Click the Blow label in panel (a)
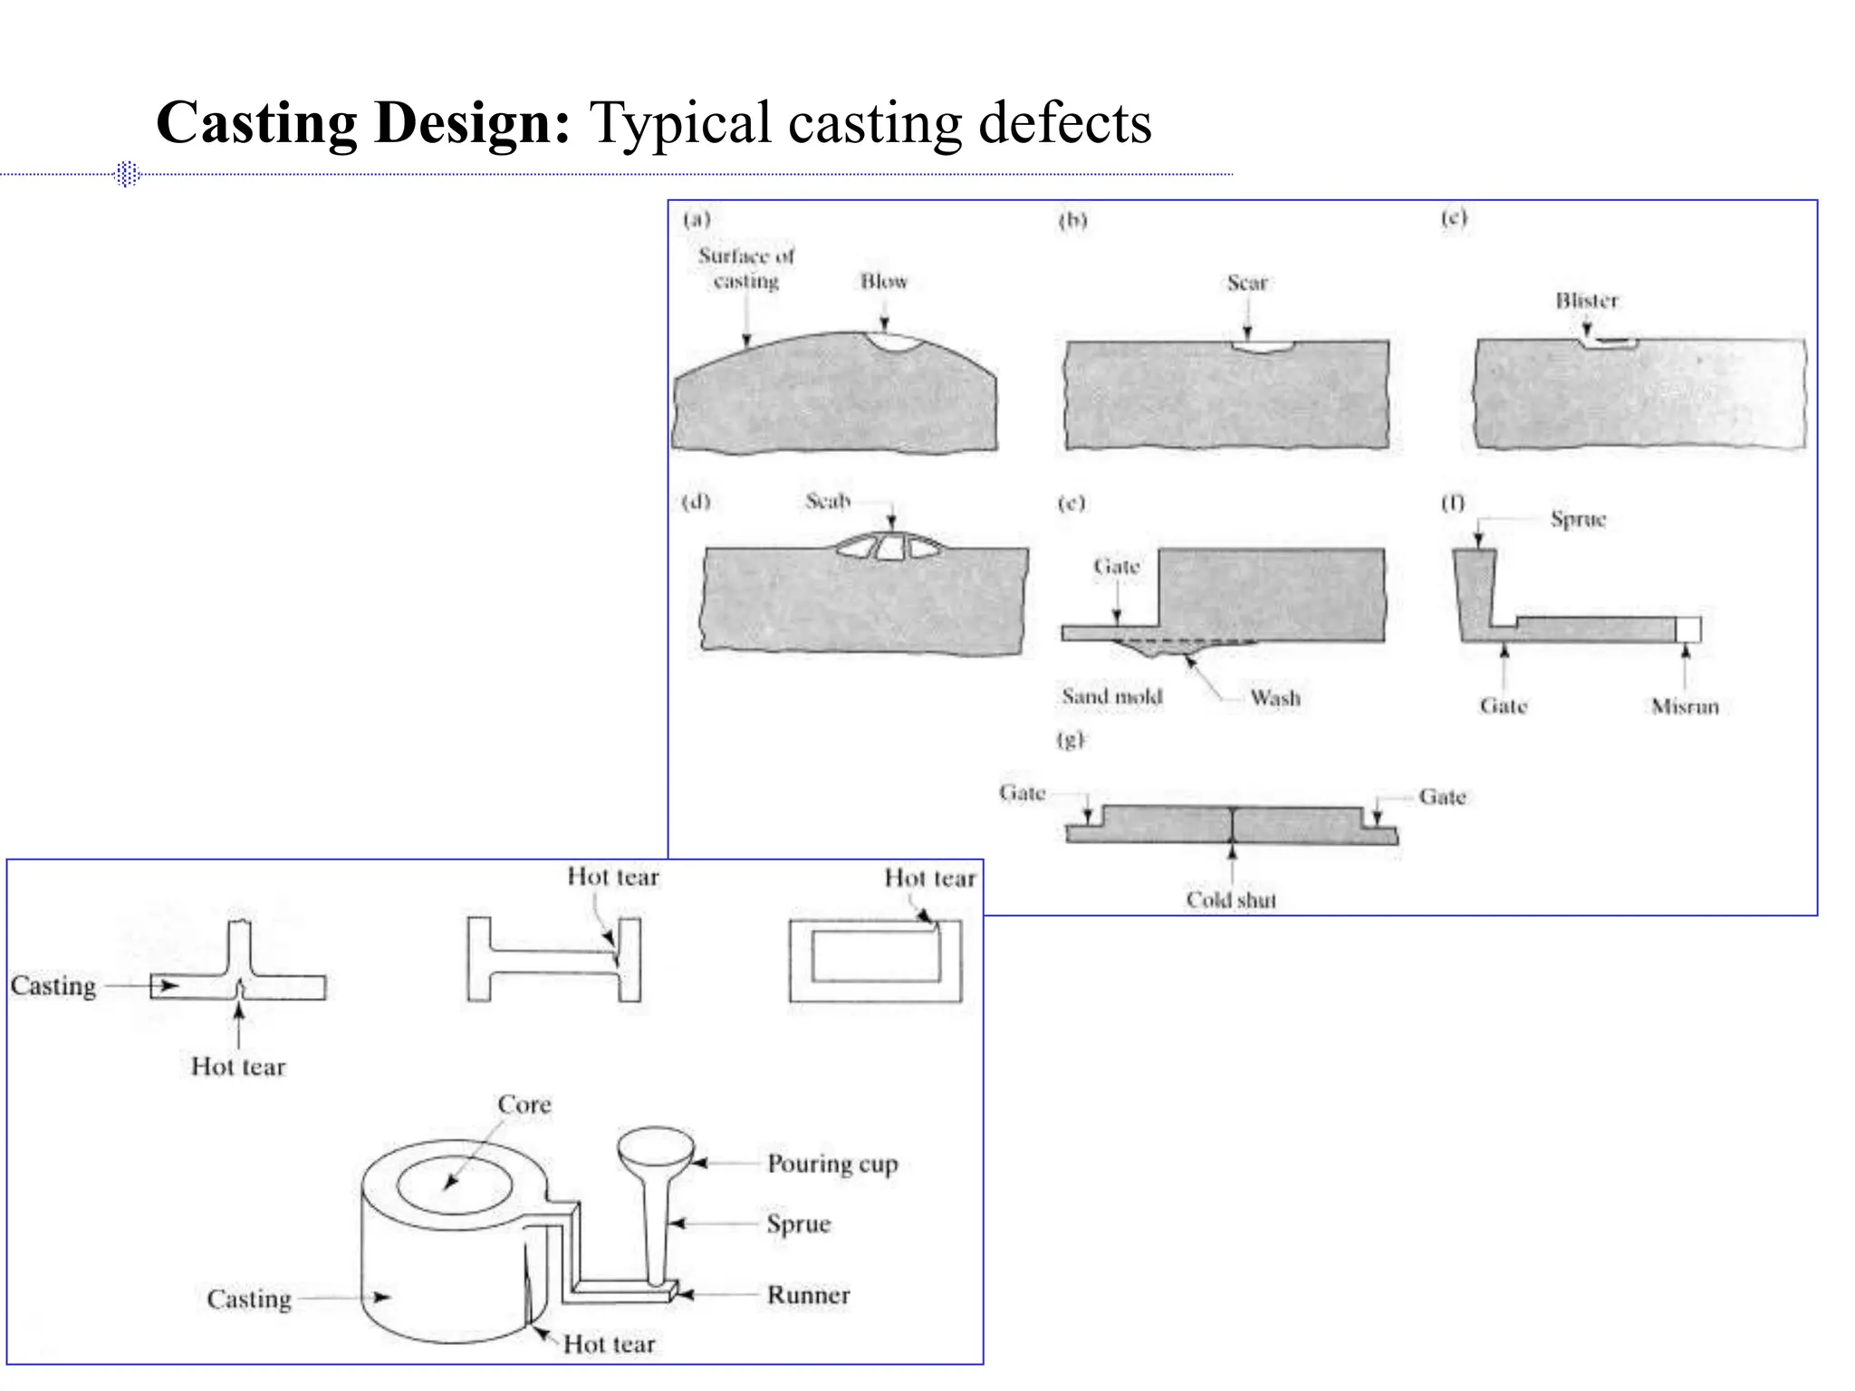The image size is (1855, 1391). coord(883,282)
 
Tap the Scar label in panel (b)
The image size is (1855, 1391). coord(1246,283)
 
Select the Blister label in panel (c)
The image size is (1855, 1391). coord(1586,301)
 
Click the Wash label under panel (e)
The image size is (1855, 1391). coord(1274,698)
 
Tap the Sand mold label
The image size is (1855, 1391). coord(1111,696)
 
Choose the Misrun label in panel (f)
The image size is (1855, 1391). coord(1684,706)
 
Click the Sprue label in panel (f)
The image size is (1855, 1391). coord(1577,520)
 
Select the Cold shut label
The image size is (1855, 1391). coord(1231,899)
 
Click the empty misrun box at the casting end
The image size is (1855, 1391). coord(1687,629)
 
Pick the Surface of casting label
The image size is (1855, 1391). coord(746,269)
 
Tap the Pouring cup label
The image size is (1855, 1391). coord(831,1164)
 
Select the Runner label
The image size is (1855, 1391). coord(808,1295)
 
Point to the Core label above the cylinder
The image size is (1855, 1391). coord(524,1105)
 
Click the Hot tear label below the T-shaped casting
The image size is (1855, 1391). coord(238,1067)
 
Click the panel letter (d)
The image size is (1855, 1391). coord(696,502)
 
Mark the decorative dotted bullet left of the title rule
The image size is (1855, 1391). coord(128,173)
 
